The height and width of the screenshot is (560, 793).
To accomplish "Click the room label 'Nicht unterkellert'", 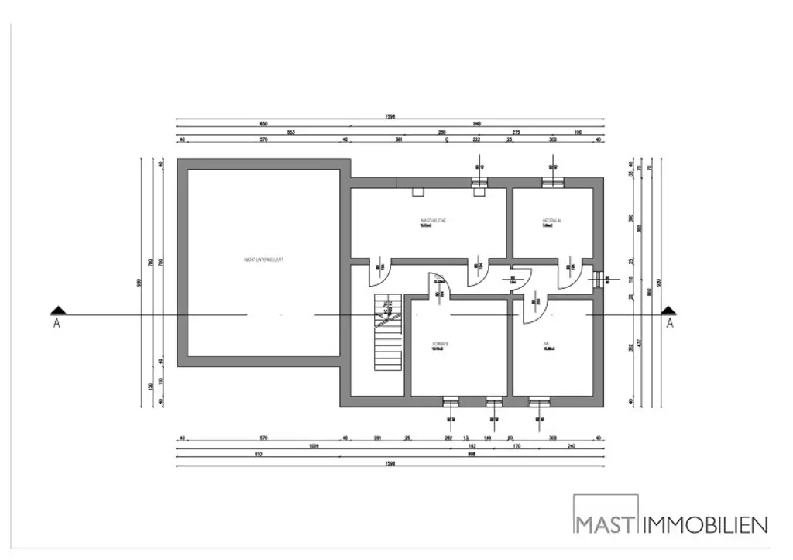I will pyautogui.click(x=263, y=259).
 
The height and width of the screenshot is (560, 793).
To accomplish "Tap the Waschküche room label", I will pyautogui.click(x=433, y=222).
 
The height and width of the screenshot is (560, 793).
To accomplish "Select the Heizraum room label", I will pyautogui.click(x=551, y=222).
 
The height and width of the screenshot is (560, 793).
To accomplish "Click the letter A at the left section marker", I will pyautogui.click(x=56, y=324).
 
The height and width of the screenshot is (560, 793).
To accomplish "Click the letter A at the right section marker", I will pyautogui.click(x=669, y=324).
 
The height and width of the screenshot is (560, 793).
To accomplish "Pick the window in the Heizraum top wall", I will pyautogui.click(x=553, y=183).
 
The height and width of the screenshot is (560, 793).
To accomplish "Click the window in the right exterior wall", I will pyautogui.click(x=597, y=278).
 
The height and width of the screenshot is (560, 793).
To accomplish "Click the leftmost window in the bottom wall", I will pyautogui.click(x=450, y=401).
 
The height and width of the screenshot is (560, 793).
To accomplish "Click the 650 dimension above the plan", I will pyautogui.click(x=263, y=125).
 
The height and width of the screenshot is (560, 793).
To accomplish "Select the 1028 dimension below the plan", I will pyautogui.click(x=313, y=447).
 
